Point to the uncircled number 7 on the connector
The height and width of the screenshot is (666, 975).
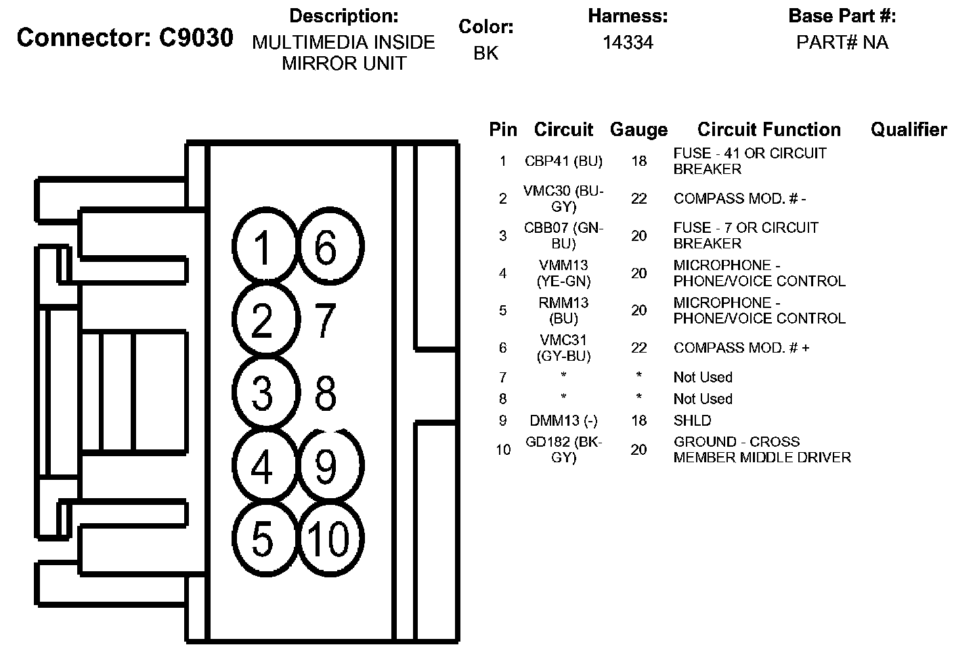coord(326,321)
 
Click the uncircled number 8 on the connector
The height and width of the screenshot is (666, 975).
coord(326,393)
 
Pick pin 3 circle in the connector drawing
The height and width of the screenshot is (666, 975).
coord(263,393)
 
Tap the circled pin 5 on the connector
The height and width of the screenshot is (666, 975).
coord(263,539)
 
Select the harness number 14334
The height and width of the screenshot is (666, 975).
coord(628,43)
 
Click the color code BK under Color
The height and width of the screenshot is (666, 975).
coord(485,53)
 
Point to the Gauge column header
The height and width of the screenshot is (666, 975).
coord(638,129)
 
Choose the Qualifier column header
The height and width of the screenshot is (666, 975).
coord(908,129)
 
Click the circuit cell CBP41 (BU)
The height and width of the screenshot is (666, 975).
coord(563,161)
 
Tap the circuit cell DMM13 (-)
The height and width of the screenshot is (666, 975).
coord(563,420)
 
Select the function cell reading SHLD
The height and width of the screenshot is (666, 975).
coord(692,420)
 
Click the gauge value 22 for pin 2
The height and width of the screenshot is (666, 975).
coord(638,198)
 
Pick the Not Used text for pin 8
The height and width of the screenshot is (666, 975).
coord(703,399)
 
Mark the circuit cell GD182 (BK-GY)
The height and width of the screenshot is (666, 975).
coord(563,449)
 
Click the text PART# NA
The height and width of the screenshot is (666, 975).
coord(842,43)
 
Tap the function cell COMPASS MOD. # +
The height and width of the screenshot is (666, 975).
coord(741,348)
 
